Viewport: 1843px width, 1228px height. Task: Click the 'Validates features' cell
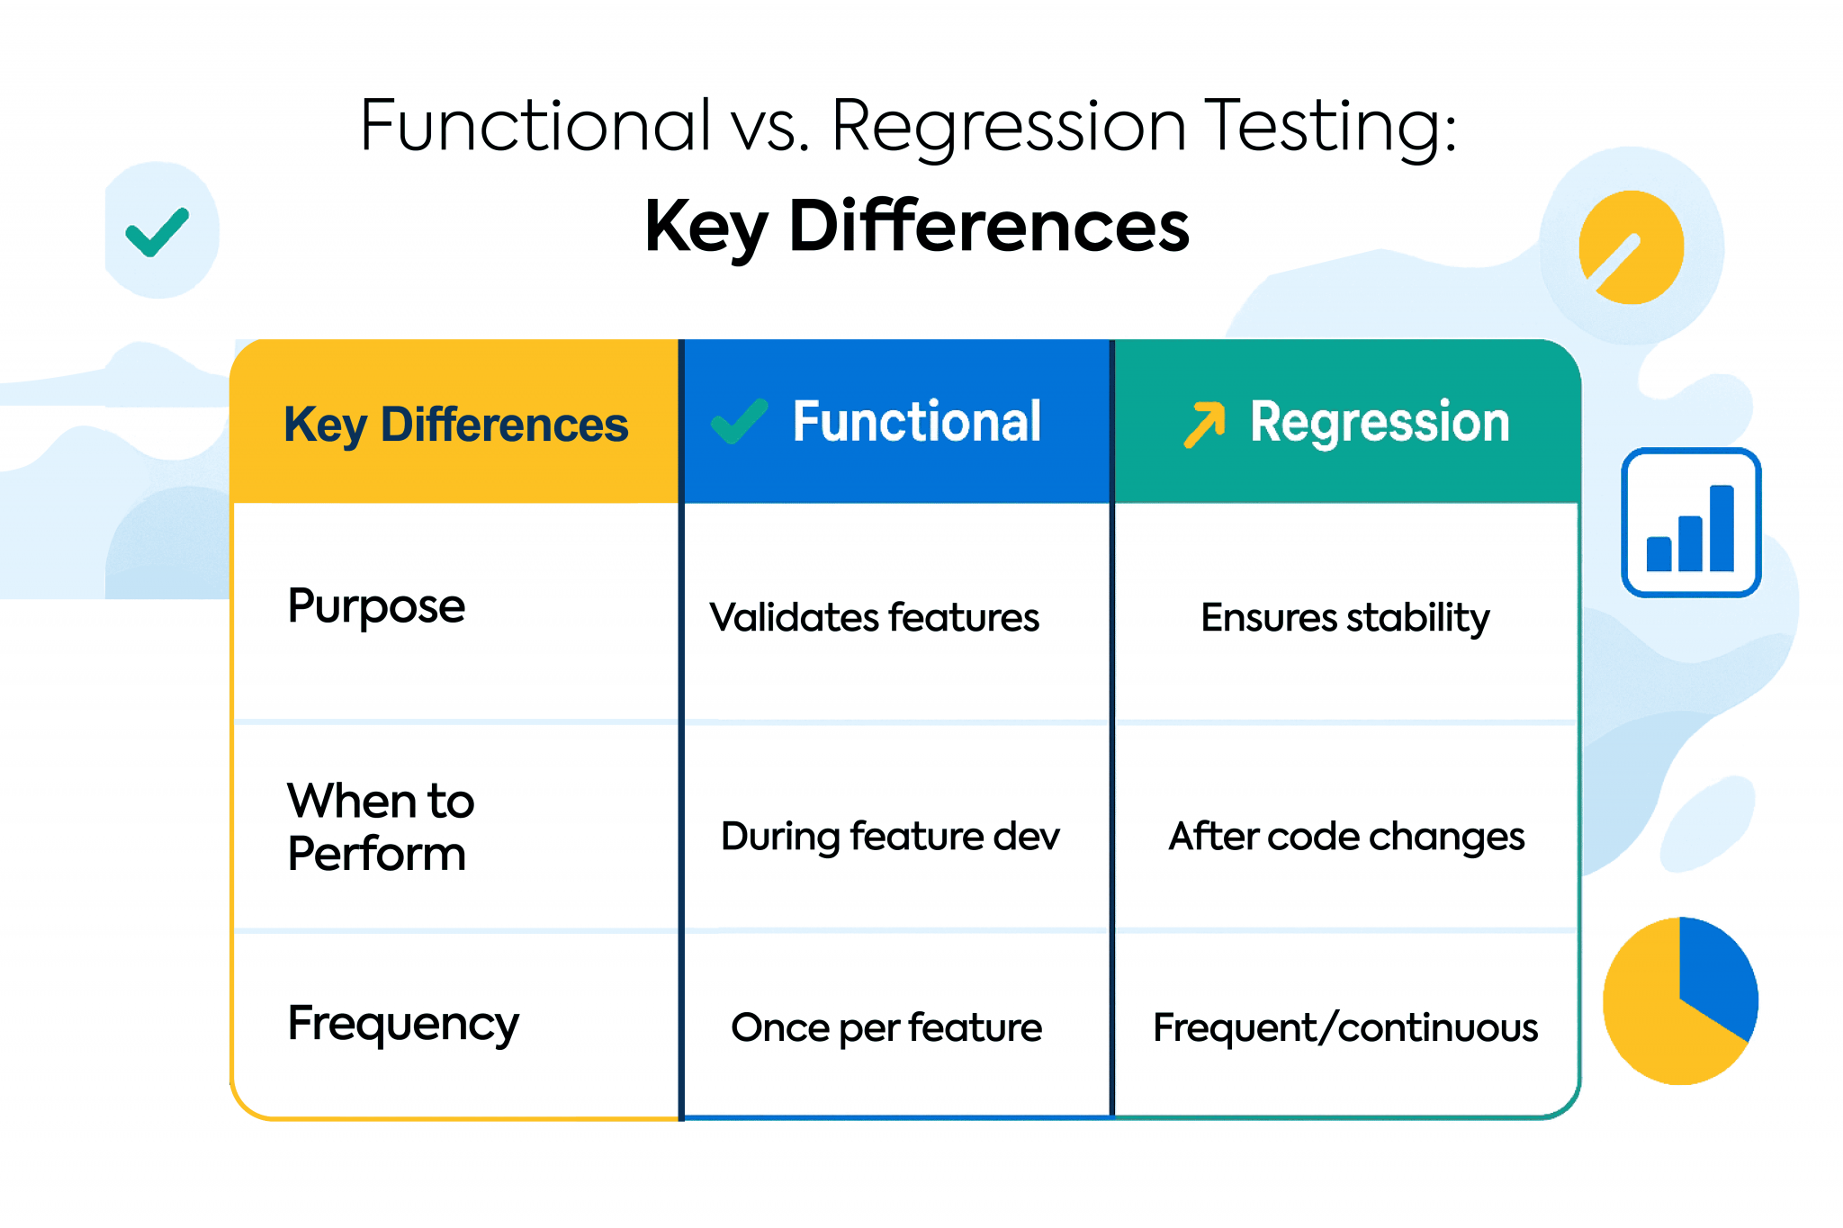874,618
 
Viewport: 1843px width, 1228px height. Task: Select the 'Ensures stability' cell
1344,618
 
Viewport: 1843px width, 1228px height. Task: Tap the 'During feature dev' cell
889,837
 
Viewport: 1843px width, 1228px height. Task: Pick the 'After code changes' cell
1346,837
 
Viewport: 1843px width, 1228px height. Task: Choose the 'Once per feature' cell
886,1027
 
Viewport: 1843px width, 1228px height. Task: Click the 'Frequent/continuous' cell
1345,1027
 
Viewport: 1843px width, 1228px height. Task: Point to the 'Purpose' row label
376,606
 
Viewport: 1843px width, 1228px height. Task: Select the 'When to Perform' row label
380,827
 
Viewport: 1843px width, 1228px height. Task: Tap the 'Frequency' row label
402,1024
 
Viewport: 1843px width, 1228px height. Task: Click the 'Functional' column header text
916,422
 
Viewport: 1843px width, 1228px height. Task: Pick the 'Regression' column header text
1379,422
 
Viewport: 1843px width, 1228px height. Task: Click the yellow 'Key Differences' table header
455,425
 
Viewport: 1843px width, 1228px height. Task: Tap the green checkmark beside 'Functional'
740,421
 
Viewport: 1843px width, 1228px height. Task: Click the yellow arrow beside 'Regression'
1204,424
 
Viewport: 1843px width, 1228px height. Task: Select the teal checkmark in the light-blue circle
157,231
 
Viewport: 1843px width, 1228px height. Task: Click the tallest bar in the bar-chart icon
1721,528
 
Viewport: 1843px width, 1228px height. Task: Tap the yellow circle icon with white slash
1631,247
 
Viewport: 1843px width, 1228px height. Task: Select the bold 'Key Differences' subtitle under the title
916,227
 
